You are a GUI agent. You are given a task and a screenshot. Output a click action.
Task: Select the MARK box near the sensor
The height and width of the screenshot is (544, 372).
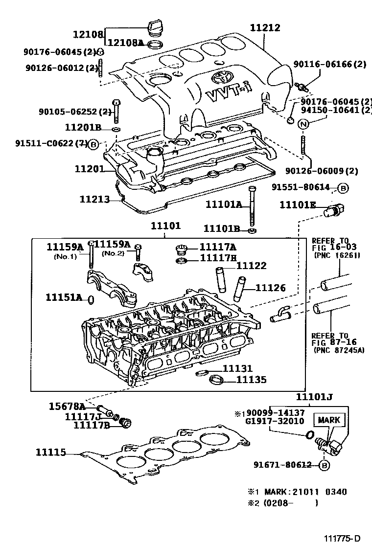(331, 420)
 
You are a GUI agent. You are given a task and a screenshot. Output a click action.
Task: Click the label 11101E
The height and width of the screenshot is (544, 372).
(298, 205)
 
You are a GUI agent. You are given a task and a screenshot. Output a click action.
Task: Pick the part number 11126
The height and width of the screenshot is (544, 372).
(270, 288)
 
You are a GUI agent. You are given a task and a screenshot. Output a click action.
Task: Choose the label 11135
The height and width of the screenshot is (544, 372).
(251, 379)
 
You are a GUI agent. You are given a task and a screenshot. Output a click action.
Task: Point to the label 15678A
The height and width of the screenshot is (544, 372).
(67, 406)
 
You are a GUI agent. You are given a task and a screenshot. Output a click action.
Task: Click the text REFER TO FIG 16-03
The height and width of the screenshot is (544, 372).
(331, 248)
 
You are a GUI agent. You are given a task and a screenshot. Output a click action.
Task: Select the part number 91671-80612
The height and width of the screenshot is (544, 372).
(282, 465)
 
